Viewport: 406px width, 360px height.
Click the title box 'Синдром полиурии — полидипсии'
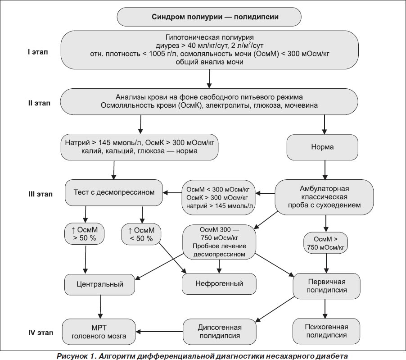tap(209, 17)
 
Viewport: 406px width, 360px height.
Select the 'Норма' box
tap(322, 147)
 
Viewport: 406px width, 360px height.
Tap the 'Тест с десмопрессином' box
tap(114, 192)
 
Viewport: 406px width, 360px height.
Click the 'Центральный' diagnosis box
tap(99, 284)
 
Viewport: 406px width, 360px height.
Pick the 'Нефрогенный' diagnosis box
tap(219, 283)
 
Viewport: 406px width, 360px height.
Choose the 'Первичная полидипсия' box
tap(326, 286)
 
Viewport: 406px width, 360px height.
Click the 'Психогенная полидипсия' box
tap(326, 331)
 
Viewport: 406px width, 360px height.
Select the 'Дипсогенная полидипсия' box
tap(220, 332)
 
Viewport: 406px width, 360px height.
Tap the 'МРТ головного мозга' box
tap(99, 332)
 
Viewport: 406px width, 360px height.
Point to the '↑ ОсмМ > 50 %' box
tap(85, 234)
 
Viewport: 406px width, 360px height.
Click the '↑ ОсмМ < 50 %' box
tap(141, 234)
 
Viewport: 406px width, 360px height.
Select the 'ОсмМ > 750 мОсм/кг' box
tap(326, 243)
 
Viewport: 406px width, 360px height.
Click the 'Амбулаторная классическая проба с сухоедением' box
tap(324, 197)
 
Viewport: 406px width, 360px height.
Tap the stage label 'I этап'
tap(38, 52)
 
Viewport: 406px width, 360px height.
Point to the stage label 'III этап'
tap(41, 194)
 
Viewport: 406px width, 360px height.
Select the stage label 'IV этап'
tap(41, 333)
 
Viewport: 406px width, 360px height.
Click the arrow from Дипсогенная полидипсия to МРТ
tap(159, 332)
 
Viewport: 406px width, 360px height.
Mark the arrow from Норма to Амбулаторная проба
tap(325, 170)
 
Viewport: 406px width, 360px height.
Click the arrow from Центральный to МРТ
tap(100, 307)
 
